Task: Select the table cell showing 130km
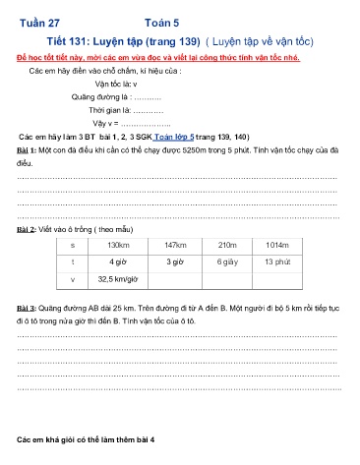(118, 244)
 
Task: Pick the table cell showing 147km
(176, 244)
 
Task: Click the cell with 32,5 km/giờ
(118, 279)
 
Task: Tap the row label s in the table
(73, 244)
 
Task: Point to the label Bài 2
(27, 226)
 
